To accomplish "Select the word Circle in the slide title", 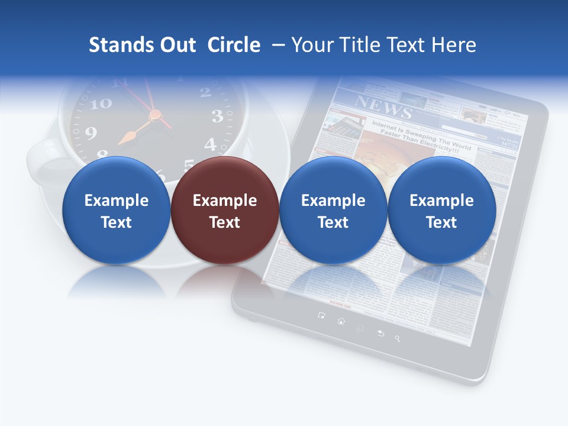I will click(x=234, y=45).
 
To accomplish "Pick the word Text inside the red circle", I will click(x=224, y=222).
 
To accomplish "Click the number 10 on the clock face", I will click(x=102, y=104).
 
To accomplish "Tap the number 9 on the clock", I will click(x=91, y=133).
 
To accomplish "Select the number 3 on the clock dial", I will click(x=217, y=117).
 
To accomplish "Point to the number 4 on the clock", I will click(x=210, y=144).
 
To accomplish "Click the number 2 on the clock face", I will click(x=205, y=92).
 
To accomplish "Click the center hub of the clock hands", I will click(x=154, y=114).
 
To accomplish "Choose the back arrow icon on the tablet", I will click(x=380, y=333).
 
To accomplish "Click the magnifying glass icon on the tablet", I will click(x=398, y=338).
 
